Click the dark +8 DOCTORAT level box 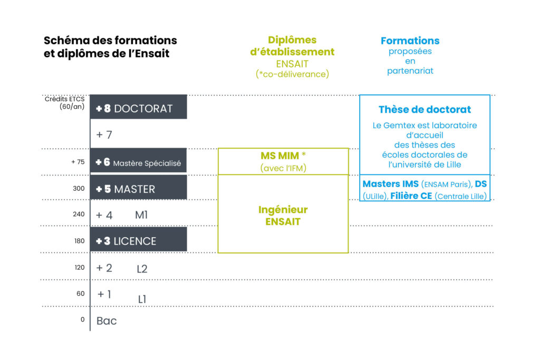(139, 107)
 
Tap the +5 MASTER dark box (139, 187)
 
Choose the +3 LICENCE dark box (139, 239)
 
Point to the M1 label (141, 215)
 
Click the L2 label (142, 269)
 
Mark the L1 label (142, 299)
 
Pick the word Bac (107, 321)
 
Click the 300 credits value (79, 188)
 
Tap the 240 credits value (79, 214)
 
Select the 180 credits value (79, 241)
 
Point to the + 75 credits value (78, 162)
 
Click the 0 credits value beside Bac (83, 319)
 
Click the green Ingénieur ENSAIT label (283, 216)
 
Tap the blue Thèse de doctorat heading (425, 110)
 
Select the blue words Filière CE (411, 196)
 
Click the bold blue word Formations (410, 41)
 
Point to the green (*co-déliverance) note (292, 74)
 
